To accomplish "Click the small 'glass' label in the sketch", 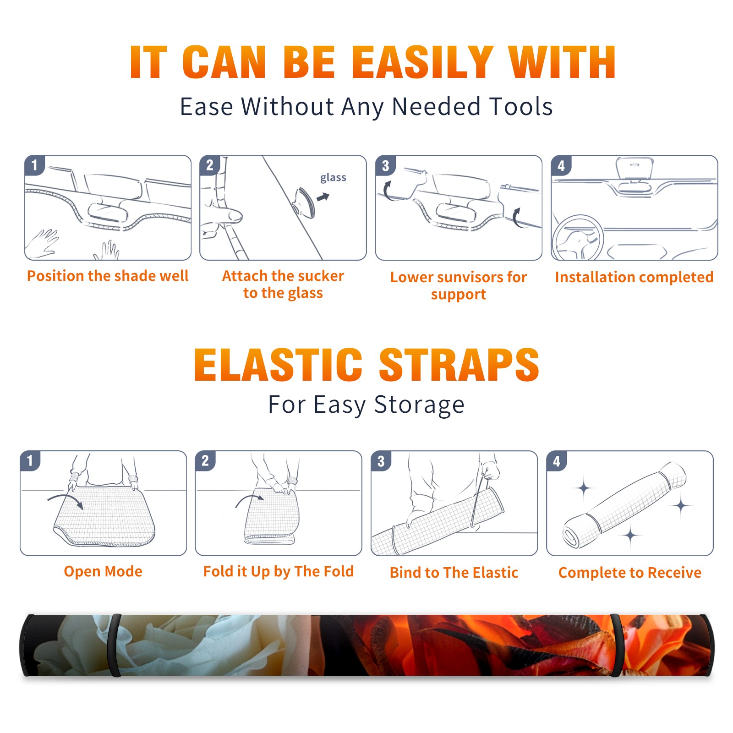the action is pyautogui.click(x=333, y=178).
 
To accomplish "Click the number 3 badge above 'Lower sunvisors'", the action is pyautogui.click(x=386, y=165).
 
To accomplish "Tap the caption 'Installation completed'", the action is pyautogui.click(x=634, y=277).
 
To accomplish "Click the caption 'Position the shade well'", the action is pyautogui.click(x=108, y=276).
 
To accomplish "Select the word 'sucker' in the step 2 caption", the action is pyautogui.click(x=321, y=276).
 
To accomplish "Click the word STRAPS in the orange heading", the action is pyautogui.click(x=459, y=365).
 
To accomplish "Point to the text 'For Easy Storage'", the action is pyautogui.click(x=366, y=405).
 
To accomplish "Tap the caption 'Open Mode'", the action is pyautogui.click(x=103, y=572).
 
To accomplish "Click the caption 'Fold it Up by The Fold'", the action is pyautogui.click(x=279, y=572).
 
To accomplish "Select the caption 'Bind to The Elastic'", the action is pyautogui.click(x=454, y=573).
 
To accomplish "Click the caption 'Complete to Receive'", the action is pyautogui.click(x=630, y=573).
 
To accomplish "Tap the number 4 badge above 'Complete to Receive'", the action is pyautogui.click(x=557, y=461).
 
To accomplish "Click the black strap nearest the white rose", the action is pyautogui.click(x=115, y=645).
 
